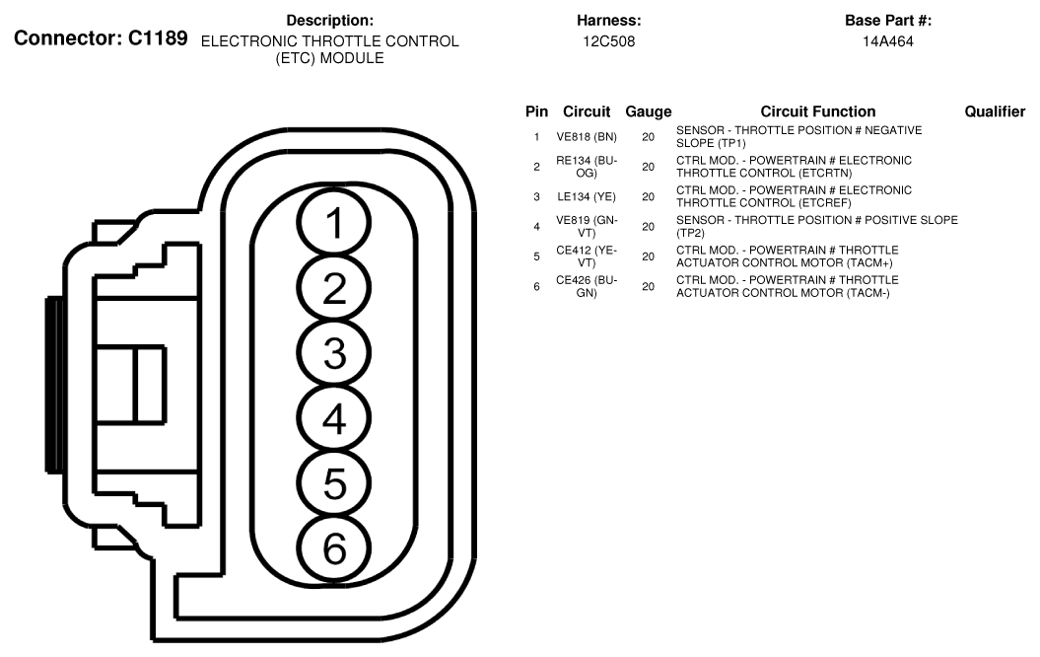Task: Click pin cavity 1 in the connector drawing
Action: tap(335, 225)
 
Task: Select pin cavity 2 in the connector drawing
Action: tap(335, 289)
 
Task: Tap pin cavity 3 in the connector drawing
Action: tap(335, 354)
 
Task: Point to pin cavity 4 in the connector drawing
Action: tap(335, 419)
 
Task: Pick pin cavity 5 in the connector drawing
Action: tap(335, 483)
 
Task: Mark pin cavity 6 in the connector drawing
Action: tap(335, 547)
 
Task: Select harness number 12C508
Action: tap(609, 41)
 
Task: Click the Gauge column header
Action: tap(648, 112)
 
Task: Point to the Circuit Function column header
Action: tap(817, 112)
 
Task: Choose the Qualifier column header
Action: tap(995, 112)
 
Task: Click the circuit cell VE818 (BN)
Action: tap(586, 136)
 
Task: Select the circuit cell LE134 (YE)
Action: tap(586, 196)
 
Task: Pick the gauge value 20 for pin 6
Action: tap(648, 287)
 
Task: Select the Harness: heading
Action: tap(609, 21)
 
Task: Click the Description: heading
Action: tap(329, 21)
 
